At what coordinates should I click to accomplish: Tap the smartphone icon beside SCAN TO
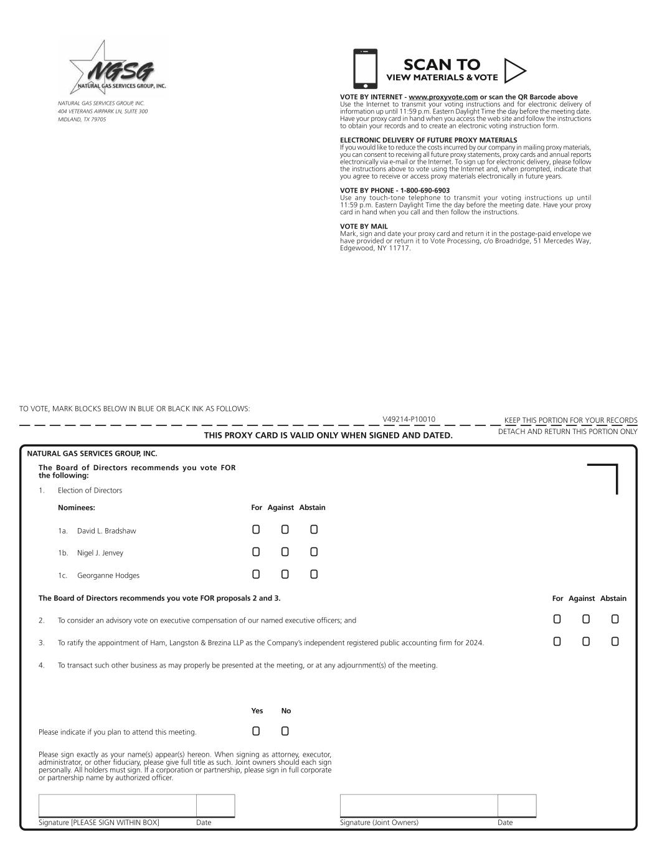[x=365, y=69]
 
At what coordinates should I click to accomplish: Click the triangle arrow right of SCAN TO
[x=514, y=70]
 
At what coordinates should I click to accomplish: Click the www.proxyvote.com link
[x=443, y=97]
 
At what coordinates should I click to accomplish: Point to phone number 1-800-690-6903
[x=420, y=191]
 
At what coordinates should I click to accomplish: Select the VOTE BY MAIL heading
[x=364, y=227]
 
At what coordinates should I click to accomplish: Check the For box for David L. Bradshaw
[x=256, y=530]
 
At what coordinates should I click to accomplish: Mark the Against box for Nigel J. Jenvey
[x=285, y=552]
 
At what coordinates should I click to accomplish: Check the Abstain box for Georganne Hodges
[x=314, y=574]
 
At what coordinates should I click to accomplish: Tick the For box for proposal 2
[x=557, y=619]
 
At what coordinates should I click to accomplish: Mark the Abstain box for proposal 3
[x=615, y=641]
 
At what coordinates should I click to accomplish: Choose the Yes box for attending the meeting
[x=256, y=731]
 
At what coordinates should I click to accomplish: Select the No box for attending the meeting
[x=285, y=731]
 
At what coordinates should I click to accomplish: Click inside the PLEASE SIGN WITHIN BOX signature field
[x=117, y=805]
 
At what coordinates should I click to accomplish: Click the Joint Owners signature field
[x=418, y=805]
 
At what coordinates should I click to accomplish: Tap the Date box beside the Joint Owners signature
[x=517, y=805]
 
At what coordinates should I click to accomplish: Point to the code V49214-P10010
[x=409, y=419]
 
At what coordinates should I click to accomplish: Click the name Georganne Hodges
[x=108, y=575]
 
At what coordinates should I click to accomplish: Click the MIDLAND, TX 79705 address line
[x=82, y=120]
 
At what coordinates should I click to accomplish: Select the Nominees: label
[x=76, y=508]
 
